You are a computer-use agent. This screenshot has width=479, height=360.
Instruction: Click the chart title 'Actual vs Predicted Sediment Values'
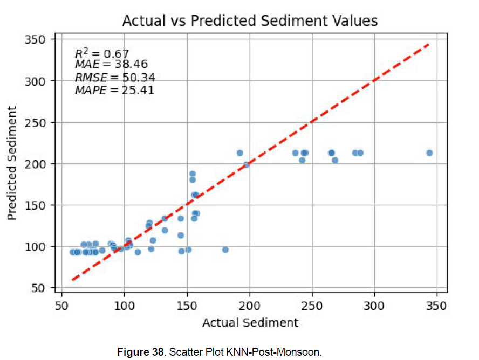250,21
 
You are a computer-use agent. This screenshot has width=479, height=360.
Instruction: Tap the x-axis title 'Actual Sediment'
250,322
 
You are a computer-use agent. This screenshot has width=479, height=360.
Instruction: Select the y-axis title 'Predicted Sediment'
12,163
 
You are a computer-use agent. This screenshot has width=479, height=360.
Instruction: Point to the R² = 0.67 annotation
102,53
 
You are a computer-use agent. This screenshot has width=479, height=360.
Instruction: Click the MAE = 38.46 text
111,65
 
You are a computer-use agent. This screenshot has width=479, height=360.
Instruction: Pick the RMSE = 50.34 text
115,78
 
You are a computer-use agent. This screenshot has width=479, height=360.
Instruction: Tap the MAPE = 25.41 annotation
114,90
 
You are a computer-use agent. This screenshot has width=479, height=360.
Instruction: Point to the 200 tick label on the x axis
249,306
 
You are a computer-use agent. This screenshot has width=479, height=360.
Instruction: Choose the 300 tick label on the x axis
374,306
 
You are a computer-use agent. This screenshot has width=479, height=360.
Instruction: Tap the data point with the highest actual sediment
429,153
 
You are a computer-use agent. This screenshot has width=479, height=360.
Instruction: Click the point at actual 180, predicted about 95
225,250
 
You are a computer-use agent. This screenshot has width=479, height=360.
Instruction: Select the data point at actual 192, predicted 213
239,153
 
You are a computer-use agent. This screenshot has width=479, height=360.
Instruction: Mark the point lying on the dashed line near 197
247,164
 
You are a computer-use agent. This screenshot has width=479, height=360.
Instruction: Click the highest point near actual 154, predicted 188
193,174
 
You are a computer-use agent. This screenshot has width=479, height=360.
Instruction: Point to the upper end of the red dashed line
428,44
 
